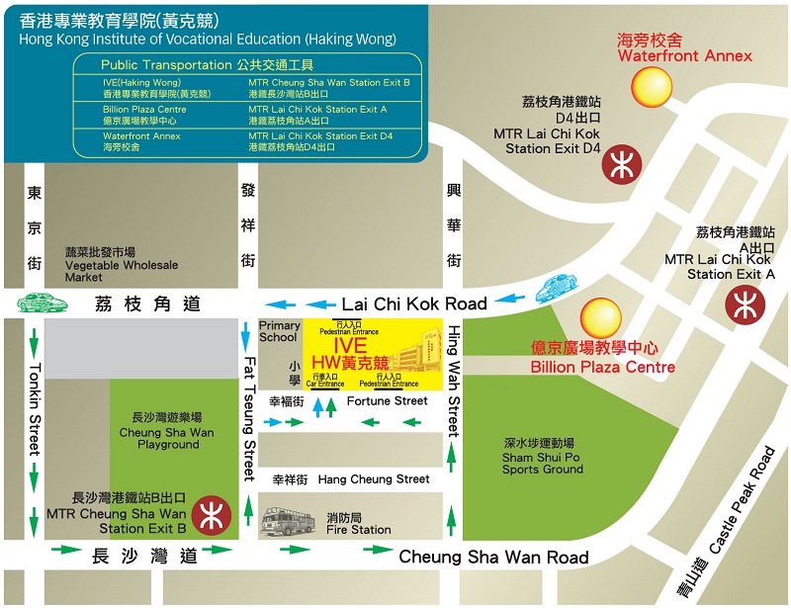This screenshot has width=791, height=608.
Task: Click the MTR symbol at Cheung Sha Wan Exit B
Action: (212, 515)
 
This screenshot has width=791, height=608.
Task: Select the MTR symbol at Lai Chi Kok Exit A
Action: (745, 304)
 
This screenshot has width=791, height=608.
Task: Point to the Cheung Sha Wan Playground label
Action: (166, 438)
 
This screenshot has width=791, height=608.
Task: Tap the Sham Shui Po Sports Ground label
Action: (543, 462)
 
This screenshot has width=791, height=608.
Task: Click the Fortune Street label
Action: (387, 401)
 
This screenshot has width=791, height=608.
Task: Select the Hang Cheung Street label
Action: (374, 479)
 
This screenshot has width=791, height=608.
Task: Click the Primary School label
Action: (279, 331)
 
